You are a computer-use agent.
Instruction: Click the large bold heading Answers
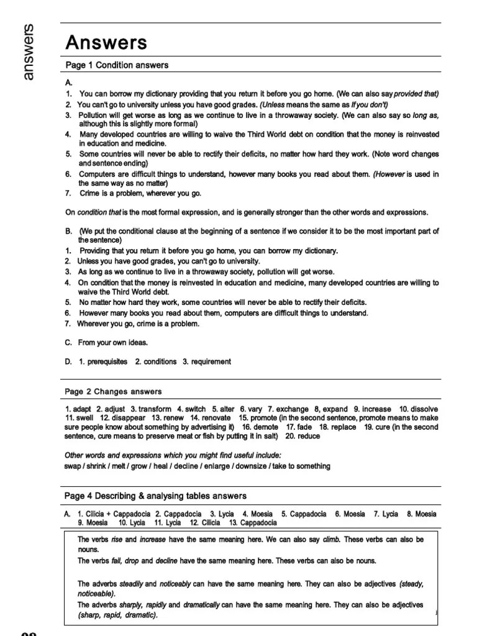(x=106, y=43)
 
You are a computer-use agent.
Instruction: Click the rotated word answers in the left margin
(x=29, y=52)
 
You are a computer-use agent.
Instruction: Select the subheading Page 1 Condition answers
(x=117, y=65)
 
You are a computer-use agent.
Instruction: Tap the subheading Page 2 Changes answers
(x=113, y=391)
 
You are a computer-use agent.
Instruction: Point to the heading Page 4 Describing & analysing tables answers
(x=155, y=496)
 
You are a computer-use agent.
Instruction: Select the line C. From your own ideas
(x=106, y=342)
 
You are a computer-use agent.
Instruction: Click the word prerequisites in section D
(x=103, y=361)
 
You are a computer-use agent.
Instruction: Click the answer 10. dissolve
(x=418, y=409)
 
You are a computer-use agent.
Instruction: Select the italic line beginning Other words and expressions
(x=173, y=455)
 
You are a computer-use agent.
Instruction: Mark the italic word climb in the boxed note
(x=332, y=540)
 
